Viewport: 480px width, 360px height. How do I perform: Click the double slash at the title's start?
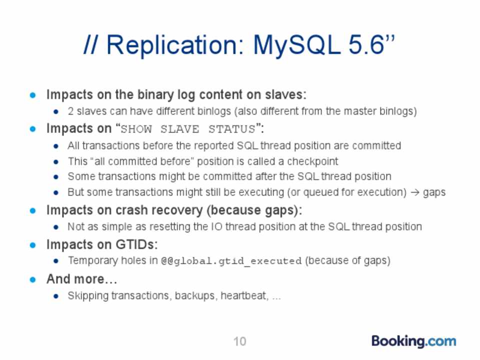[x=90, y=44]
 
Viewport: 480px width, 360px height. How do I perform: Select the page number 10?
[x=239, y=341]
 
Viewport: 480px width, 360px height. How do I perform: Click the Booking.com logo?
[x=413, y=341]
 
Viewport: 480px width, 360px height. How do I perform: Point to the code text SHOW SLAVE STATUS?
[x=188, y=129]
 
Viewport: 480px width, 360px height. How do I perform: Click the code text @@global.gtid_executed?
[x=231, y=261]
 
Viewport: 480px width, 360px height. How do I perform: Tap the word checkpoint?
[x=312, y=161]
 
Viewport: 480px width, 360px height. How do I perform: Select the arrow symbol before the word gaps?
[x=415, y=192]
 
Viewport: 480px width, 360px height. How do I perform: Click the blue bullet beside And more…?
[x=33, y=280]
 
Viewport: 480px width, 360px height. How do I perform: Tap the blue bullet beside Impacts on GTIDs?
[x=33, y=245]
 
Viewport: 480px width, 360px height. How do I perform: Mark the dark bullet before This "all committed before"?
[x=55, y=162]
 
